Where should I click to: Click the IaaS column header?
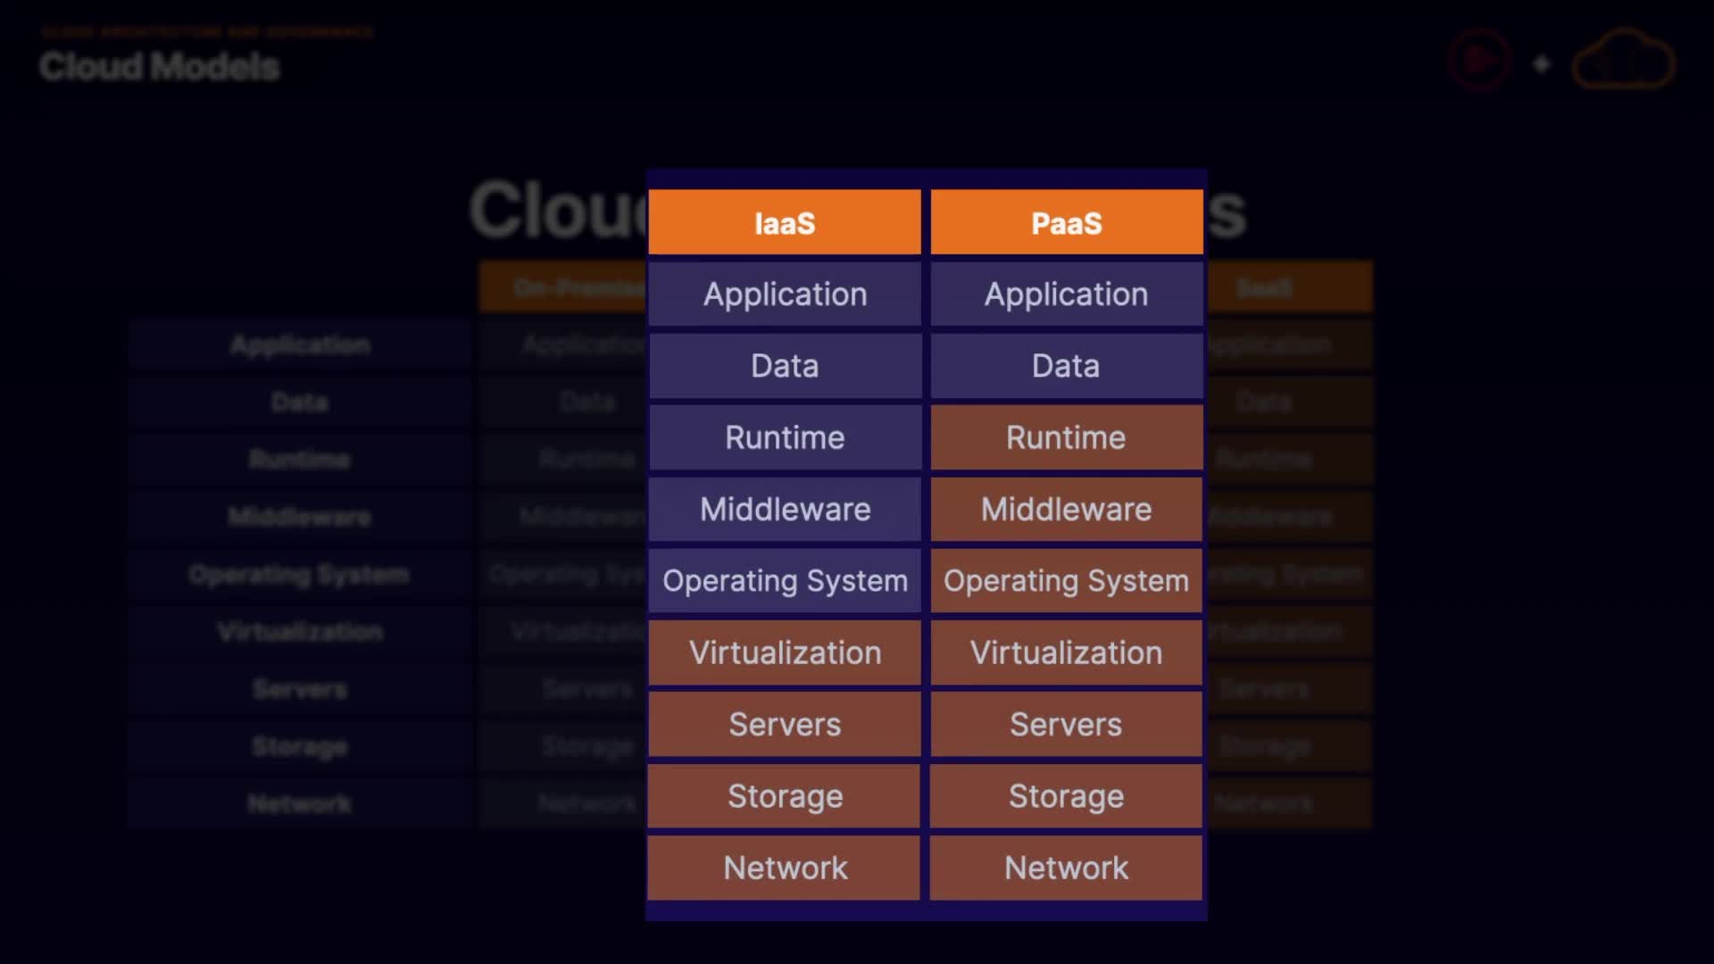point(785,222)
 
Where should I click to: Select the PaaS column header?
point(1067,222)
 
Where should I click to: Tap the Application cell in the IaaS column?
point(785,295)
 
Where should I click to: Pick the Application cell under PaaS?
point(1067,295)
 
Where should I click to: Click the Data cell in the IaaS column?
point(785,366)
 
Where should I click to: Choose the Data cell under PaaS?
point(1067,366)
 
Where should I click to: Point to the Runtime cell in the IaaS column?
point(785,437)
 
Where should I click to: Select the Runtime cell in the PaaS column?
point(1067,437)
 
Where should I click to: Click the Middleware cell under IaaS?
point(785,510)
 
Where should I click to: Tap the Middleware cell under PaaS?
point(1067,510)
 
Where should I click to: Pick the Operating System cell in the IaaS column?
point(785,581)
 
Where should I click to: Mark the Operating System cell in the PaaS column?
point(1067,581)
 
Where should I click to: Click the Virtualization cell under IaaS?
point(785,652)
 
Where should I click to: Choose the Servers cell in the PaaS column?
point(1067,725)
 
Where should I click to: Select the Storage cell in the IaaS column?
point(785,796)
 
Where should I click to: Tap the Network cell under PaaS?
point(1067,868)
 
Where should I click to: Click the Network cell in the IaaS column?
point(785,868)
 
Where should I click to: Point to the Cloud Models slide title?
point(160,67)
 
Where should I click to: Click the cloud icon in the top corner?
point(1623,61)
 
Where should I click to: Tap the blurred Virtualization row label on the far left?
point(300,632)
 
